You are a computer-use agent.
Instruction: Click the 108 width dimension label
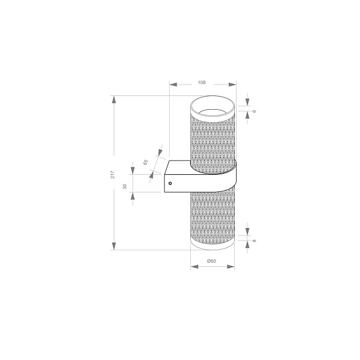pos(202,83)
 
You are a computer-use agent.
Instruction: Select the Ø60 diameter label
pos(211,261)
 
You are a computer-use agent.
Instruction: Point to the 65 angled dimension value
pos(146,163)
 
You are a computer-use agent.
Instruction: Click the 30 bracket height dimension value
pos(125,186)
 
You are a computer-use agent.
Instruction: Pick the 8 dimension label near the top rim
pos(254,110)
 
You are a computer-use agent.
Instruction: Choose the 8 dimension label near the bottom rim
pos(254,241)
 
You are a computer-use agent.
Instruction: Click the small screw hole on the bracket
pos(170,183)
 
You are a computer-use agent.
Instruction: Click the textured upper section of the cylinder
pos(211,140)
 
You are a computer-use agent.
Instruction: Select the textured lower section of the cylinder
pos(211,217)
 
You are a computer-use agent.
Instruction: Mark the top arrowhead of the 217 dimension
pos(114,100)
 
